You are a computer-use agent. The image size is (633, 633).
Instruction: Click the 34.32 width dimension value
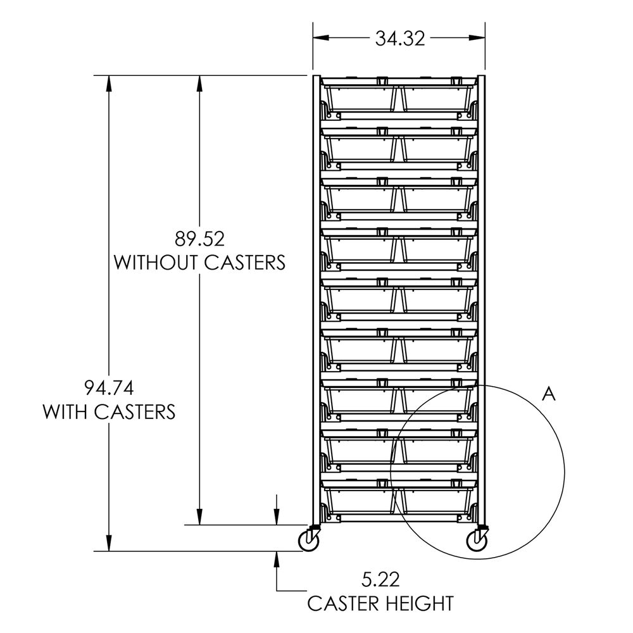pyautogui.click(x=399, y=39)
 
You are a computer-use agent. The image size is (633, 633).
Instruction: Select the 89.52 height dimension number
pyautogui.click(x=200, y=239)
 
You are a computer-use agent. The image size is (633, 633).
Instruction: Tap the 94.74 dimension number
pyautogui.click(x=109, y=387)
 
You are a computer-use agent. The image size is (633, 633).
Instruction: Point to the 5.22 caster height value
pyautogui.click(x=381, y=578)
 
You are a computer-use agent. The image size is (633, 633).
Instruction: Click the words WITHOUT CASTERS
pyautogui.click(x=199, y=262)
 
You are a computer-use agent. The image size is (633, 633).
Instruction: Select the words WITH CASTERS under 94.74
pyautogui.click(x=109, y=411)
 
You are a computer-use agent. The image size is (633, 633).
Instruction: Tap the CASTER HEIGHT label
pyautogui.click(x=380, y=603)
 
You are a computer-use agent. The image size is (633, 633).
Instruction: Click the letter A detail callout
pyautogui.click(x=549, y=394)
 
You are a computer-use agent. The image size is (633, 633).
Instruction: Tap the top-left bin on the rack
pyautogui.click(x=361, y=98)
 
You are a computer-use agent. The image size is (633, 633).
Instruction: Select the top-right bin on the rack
pyautogui.click(x=436, y=98)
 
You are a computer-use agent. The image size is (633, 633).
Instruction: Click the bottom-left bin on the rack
pyautogui.click(x=361, y=500)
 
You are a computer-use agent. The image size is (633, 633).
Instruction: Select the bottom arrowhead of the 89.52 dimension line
pyautogui.click(x=200, y=518)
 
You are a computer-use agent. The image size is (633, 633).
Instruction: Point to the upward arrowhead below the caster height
pyautogui.click(x=277, y=557)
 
